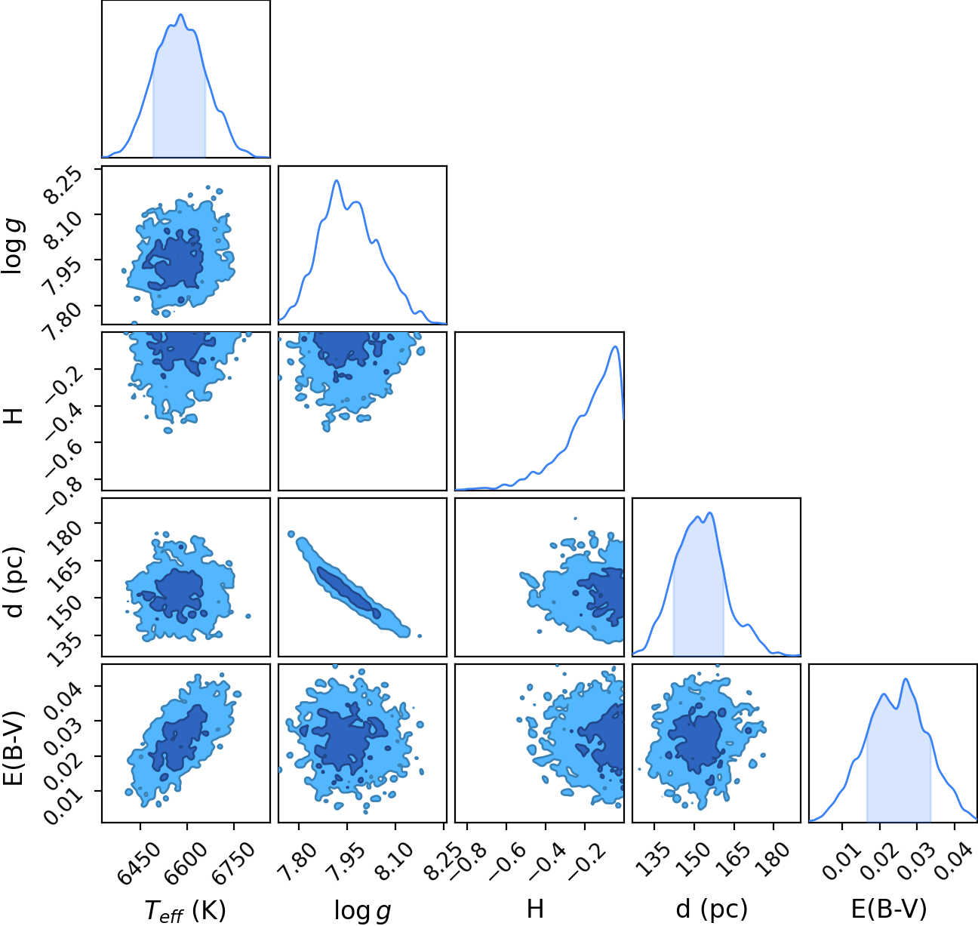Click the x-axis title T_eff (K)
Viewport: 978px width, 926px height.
click(185, 910)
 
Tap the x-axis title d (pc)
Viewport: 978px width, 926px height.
click(712, 909)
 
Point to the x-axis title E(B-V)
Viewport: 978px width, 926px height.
click(889, 909)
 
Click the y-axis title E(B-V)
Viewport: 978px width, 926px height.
click(14, 744)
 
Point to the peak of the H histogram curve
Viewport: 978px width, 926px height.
click(616, 346)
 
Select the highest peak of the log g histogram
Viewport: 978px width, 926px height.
click(337, 180)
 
